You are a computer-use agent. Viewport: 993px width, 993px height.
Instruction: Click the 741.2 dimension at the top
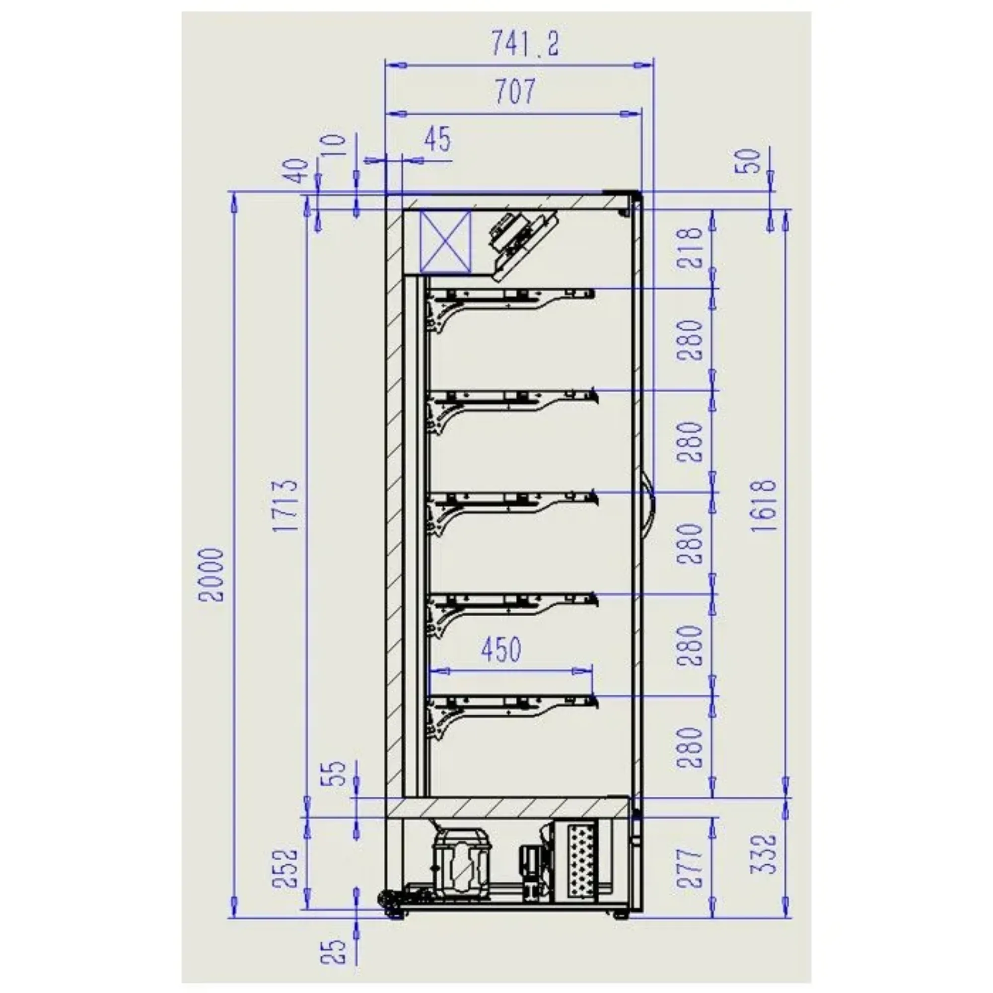coord(524,43)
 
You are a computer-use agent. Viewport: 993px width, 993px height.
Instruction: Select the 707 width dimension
coord(515,91)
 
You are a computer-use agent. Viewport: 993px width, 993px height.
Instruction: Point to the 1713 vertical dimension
coord(286,506)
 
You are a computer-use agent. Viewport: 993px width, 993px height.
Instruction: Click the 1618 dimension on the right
coord(764,506)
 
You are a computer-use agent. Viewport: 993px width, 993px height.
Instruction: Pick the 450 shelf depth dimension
coord(501,648)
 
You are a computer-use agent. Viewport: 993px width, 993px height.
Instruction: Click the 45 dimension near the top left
coord(438,139)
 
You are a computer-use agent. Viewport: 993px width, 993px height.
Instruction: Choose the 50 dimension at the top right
coord(748,161)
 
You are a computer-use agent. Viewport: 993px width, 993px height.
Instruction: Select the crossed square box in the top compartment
coord(445,242)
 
